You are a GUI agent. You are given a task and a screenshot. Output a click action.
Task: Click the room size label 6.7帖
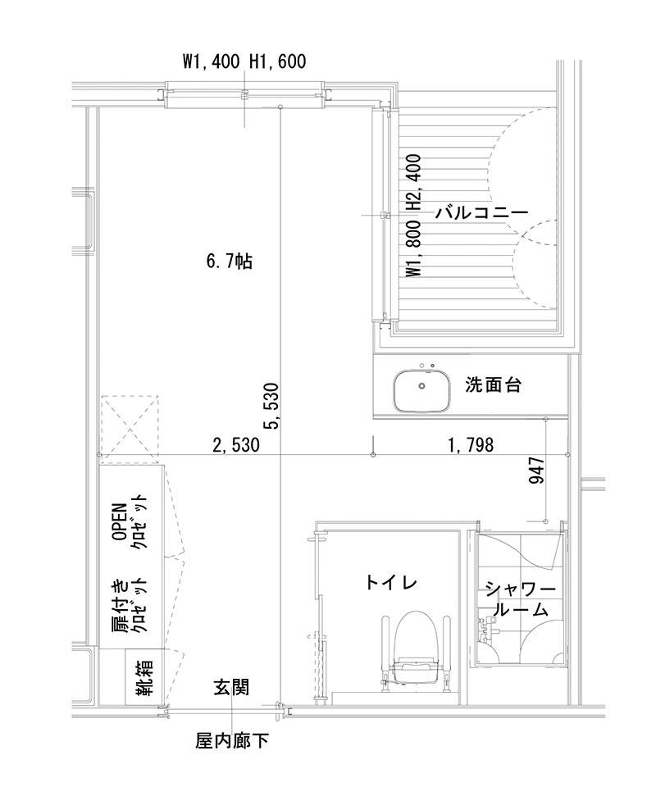230,262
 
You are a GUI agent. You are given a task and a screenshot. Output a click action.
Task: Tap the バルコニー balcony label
481,212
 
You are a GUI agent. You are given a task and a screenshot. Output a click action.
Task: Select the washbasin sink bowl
421,391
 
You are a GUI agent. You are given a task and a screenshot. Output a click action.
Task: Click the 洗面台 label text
493,384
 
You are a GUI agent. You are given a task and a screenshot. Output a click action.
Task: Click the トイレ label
391,583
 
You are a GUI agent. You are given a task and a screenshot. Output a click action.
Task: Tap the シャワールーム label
521,600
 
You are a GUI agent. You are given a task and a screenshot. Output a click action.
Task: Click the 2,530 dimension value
235,445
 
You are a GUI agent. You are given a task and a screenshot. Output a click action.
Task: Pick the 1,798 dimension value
470,445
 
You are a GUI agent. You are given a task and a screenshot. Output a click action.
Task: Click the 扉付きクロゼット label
130,606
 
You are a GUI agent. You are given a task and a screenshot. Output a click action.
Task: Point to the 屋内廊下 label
232,742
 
